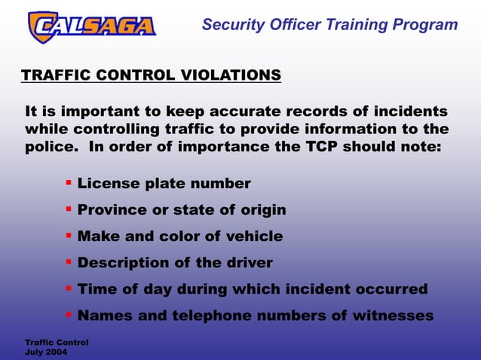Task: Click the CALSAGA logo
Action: click(91, 27)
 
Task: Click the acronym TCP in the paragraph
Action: click(322, 147)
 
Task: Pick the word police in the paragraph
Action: click(50, 147)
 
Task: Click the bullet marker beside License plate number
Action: click(69, 182)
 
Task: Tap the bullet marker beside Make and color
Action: click(69, 235)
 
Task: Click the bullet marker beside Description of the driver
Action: click(69, 261)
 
